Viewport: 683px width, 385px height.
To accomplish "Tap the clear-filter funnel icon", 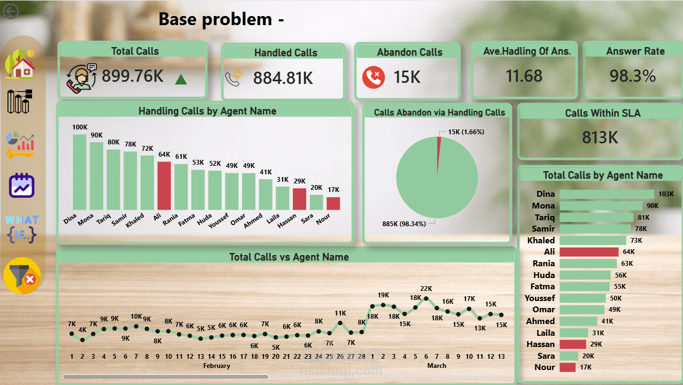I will coord(22,276).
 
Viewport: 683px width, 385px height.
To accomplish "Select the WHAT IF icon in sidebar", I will coord(21,228).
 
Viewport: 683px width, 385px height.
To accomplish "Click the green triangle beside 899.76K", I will coord(181,80).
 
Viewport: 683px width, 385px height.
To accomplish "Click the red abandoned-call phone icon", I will coord(374,77).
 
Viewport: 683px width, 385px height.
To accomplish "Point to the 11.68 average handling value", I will coord(524,76).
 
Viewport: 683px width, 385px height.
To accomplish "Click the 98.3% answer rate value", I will coord(633,76).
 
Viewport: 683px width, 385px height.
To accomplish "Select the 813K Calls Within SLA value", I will coord(600,137).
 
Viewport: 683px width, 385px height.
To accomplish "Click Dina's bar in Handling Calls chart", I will coord(80,172).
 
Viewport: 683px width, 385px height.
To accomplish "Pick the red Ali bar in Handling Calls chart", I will coord(164,186).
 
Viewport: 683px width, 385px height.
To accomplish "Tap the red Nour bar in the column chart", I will coord(333,203).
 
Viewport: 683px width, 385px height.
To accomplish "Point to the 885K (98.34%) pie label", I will coord(403,224).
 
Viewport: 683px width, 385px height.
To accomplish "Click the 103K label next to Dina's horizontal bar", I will coord(666,194).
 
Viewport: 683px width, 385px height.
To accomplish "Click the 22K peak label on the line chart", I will coord(426,289).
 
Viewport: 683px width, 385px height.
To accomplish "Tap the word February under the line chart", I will coord(216,366).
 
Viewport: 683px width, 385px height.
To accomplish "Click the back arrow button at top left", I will coord(10,12).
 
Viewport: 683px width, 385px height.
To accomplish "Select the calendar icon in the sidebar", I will coord(21,186).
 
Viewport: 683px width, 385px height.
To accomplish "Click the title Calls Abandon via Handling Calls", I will coord(439,112).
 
